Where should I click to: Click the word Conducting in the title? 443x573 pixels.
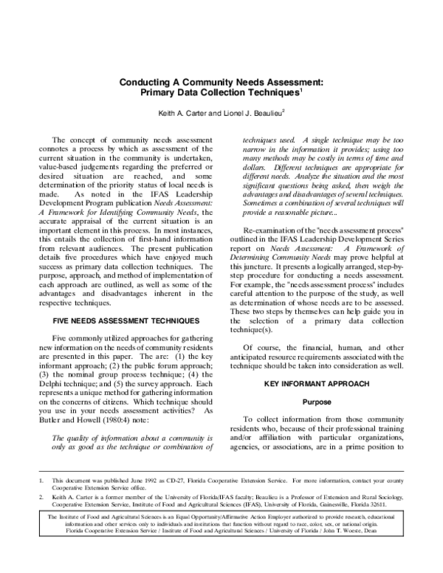tap(146, 85)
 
